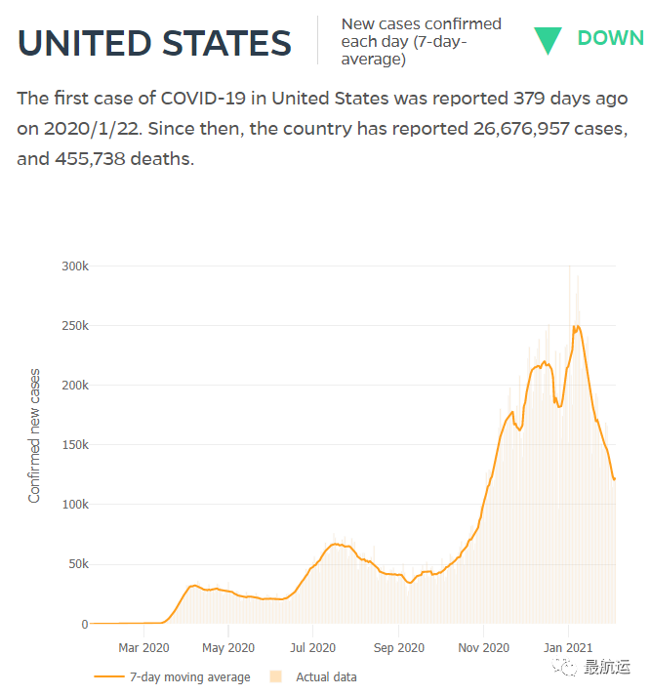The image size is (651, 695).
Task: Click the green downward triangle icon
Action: pyautogui.click(x=548, y=40)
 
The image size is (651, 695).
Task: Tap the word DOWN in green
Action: pyautogui.click(x=610, y=39)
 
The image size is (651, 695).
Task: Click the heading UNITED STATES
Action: pyautogui.click(x=154, y=43)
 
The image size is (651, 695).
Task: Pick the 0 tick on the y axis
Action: pyautogui.click(x=84, y=624)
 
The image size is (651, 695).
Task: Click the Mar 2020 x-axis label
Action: pyautogui.click(x=143, y=647)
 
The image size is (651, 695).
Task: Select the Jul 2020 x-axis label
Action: pyautogui.click(x=313, y=647)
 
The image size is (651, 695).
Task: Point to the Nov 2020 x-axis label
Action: pyautogui.click(x=483, y=647)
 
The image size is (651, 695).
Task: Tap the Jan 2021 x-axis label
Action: pyautogui.click(x=568, y=647)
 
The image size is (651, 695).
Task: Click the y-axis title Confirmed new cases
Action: pyautogui.click(x=35, y=435)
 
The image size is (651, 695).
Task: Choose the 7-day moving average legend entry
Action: pyautogui.click(x=173, y=676)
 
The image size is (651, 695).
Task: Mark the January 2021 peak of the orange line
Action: pyautogui.click(x=577, y=327)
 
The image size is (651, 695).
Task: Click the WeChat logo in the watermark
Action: pyautogui.click(x=565, y=667)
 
